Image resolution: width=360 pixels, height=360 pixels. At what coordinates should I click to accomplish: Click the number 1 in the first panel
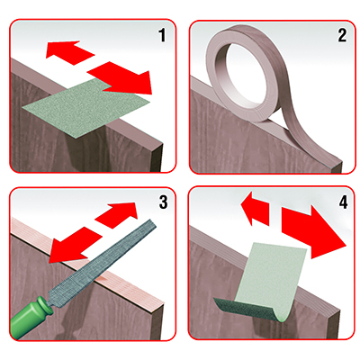point(162,35)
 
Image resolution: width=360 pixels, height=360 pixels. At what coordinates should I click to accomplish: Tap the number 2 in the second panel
point(342,35)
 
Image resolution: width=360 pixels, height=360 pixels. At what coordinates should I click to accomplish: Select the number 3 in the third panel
point(163,202)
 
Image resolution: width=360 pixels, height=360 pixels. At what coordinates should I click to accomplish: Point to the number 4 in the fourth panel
point(343,202)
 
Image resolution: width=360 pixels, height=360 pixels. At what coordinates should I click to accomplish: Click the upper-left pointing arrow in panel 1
point(69,52)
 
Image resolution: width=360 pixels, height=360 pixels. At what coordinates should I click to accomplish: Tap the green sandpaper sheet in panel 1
point(86,109)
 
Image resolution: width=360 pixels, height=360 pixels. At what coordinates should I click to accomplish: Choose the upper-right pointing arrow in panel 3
point(118,215)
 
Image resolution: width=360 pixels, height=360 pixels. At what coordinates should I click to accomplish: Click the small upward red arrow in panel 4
point(255,208)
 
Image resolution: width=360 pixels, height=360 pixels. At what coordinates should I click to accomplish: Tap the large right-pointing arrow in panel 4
point(312,231)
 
